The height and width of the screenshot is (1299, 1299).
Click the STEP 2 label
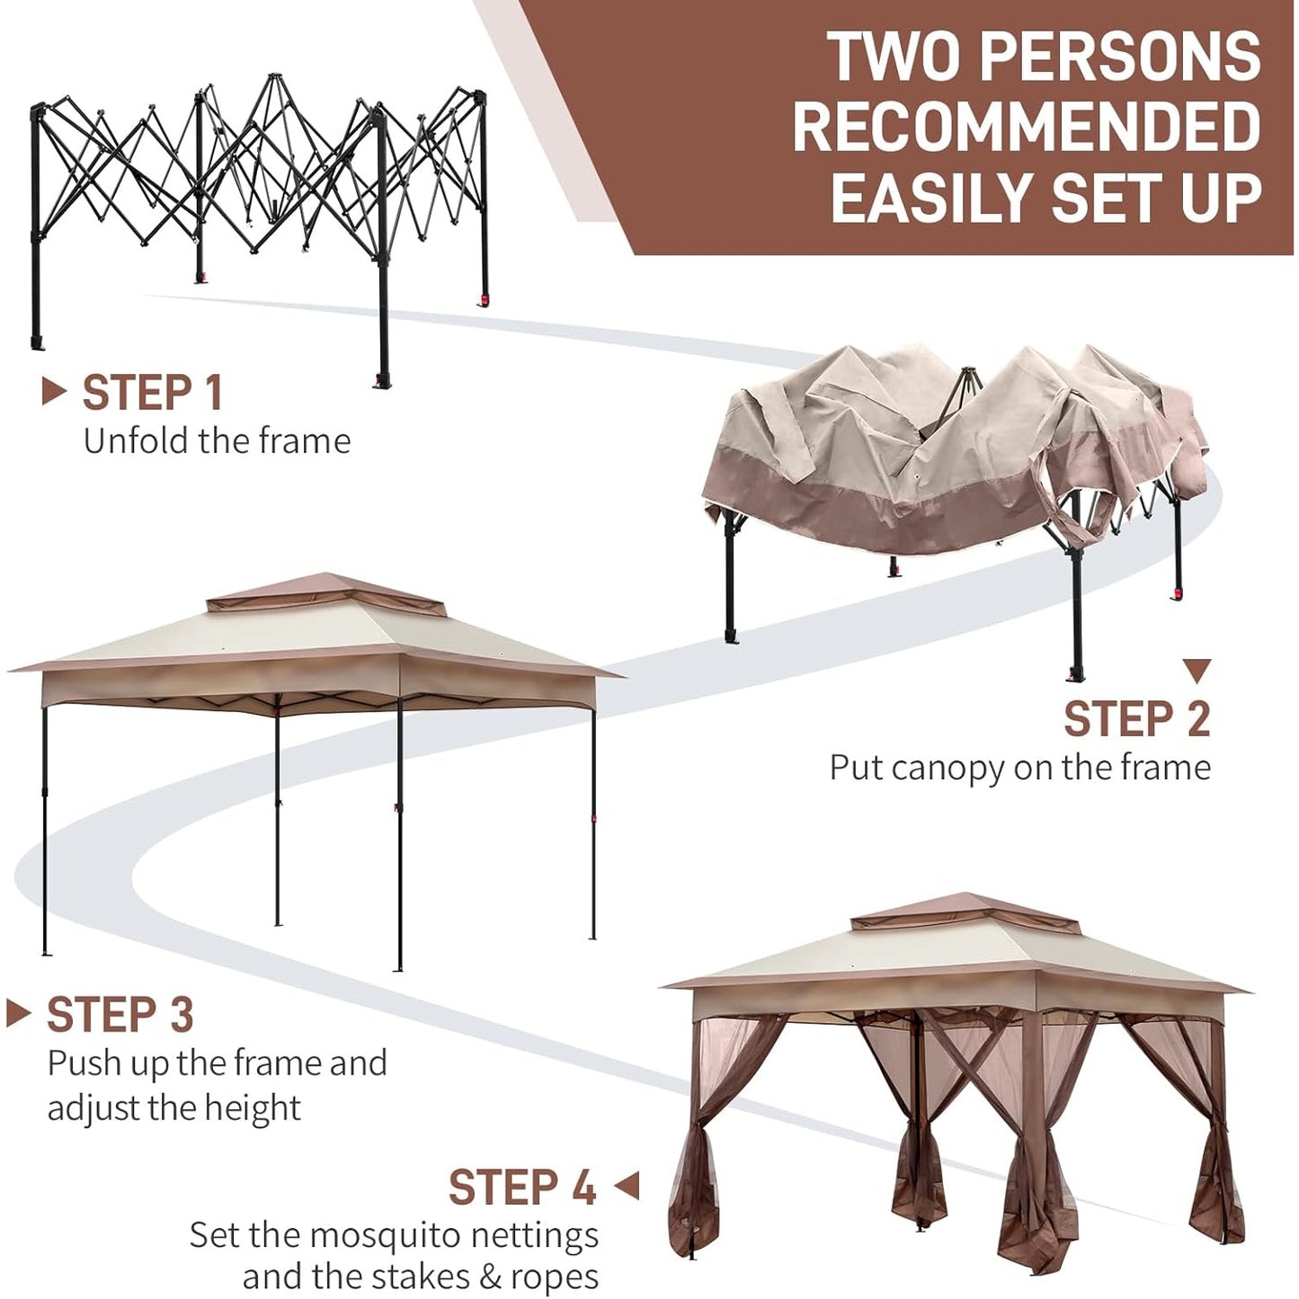coord(1137,718)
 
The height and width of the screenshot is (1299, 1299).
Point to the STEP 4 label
coord(522,1206)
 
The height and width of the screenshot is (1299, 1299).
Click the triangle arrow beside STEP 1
coord(54,391)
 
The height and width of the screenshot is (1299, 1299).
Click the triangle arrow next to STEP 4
coord(627,1206)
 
